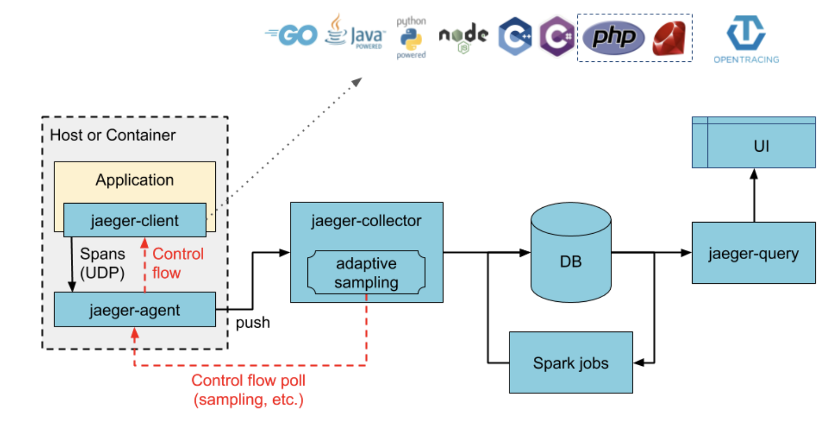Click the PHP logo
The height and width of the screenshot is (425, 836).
pos(613,37)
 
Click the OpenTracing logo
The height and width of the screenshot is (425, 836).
pos(746,40)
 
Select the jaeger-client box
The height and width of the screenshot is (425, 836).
pos(135,220)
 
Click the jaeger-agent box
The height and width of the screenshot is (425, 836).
pos(135,310)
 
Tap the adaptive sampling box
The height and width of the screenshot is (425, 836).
pos(366,272)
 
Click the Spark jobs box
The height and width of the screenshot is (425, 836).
pos(571,363)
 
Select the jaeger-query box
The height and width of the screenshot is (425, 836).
pos(753,253)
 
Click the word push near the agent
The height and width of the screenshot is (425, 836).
pos(253,322)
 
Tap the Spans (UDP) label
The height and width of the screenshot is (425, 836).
pos(102,263)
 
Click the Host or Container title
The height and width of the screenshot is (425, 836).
pos(113,135)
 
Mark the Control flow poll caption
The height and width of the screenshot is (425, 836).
pos(248,390)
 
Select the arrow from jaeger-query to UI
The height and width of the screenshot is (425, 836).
pos(754,195)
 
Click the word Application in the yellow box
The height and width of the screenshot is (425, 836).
pos(135,180)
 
